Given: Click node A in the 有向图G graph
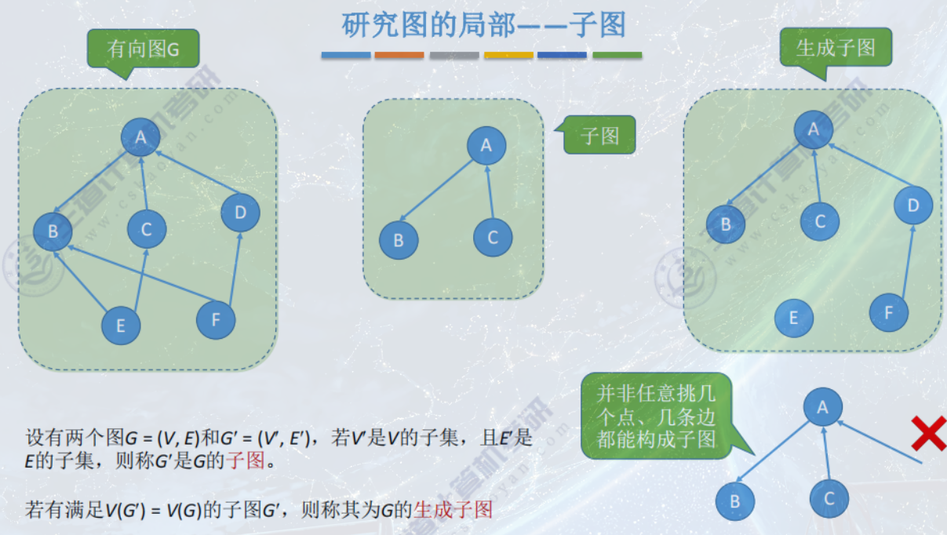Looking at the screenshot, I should coord(140,137).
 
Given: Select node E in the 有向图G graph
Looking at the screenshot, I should coord(121,326).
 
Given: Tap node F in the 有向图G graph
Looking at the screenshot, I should coord(216,319).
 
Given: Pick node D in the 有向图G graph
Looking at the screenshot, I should coord(240,212).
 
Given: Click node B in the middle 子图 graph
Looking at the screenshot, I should coord(399,241).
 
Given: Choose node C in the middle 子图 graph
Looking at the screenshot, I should coord(493,238).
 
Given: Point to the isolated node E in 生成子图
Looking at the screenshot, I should coord(793,318).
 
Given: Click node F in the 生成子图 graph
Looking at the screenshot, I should coord(889,313).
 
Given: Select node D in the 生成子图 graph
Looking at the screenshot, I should coord(913,206).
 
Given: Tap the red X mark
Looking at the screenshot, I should coord(928,434).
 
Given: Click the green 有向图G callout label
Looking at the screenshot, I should coord(144,49).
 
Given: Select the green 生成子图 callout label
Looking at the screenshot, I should coord(836,48).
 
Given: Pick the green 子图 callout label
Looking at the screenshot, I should coord(600,136).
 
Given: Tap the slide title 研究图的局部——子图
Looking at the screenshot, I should coord(483,26).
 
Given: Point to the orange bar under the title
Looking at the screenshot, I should coord(399,56).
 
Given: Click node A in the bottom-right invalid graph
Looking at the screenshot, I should coord(822,407).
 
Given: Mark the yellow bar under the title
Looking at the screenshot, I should coord(508,56).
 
